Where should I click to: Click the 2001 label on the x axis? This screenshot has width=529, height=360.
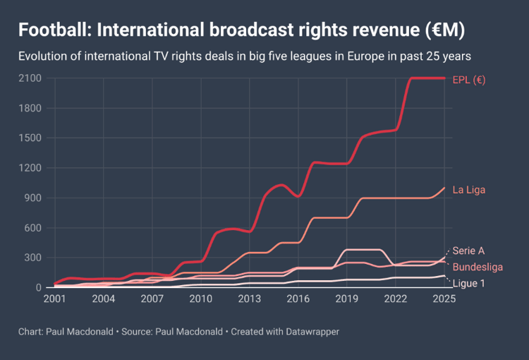point(55,299)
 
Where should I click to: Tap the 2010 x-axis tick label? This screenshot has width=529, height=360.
point(201,299)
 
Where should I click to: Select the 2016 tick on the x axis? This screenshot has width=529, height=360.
point(298,299)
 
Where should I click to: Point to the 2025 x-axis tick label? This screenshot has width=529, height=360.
point(444,299)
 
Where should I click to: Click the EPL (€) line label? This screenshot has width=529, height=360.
point(469,79)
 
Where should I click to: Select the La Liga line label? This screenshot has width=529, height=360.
point(469,190)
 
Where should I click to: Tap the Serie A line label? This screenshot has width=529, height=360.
point(468,251)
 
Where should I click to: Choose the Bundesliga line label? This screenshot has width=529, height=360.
point(478,267)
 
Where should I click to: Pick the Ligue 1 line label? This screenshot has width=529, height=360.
point(468,284)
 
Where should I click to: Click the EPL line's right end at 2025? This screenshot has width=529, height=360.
point(444,78)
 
